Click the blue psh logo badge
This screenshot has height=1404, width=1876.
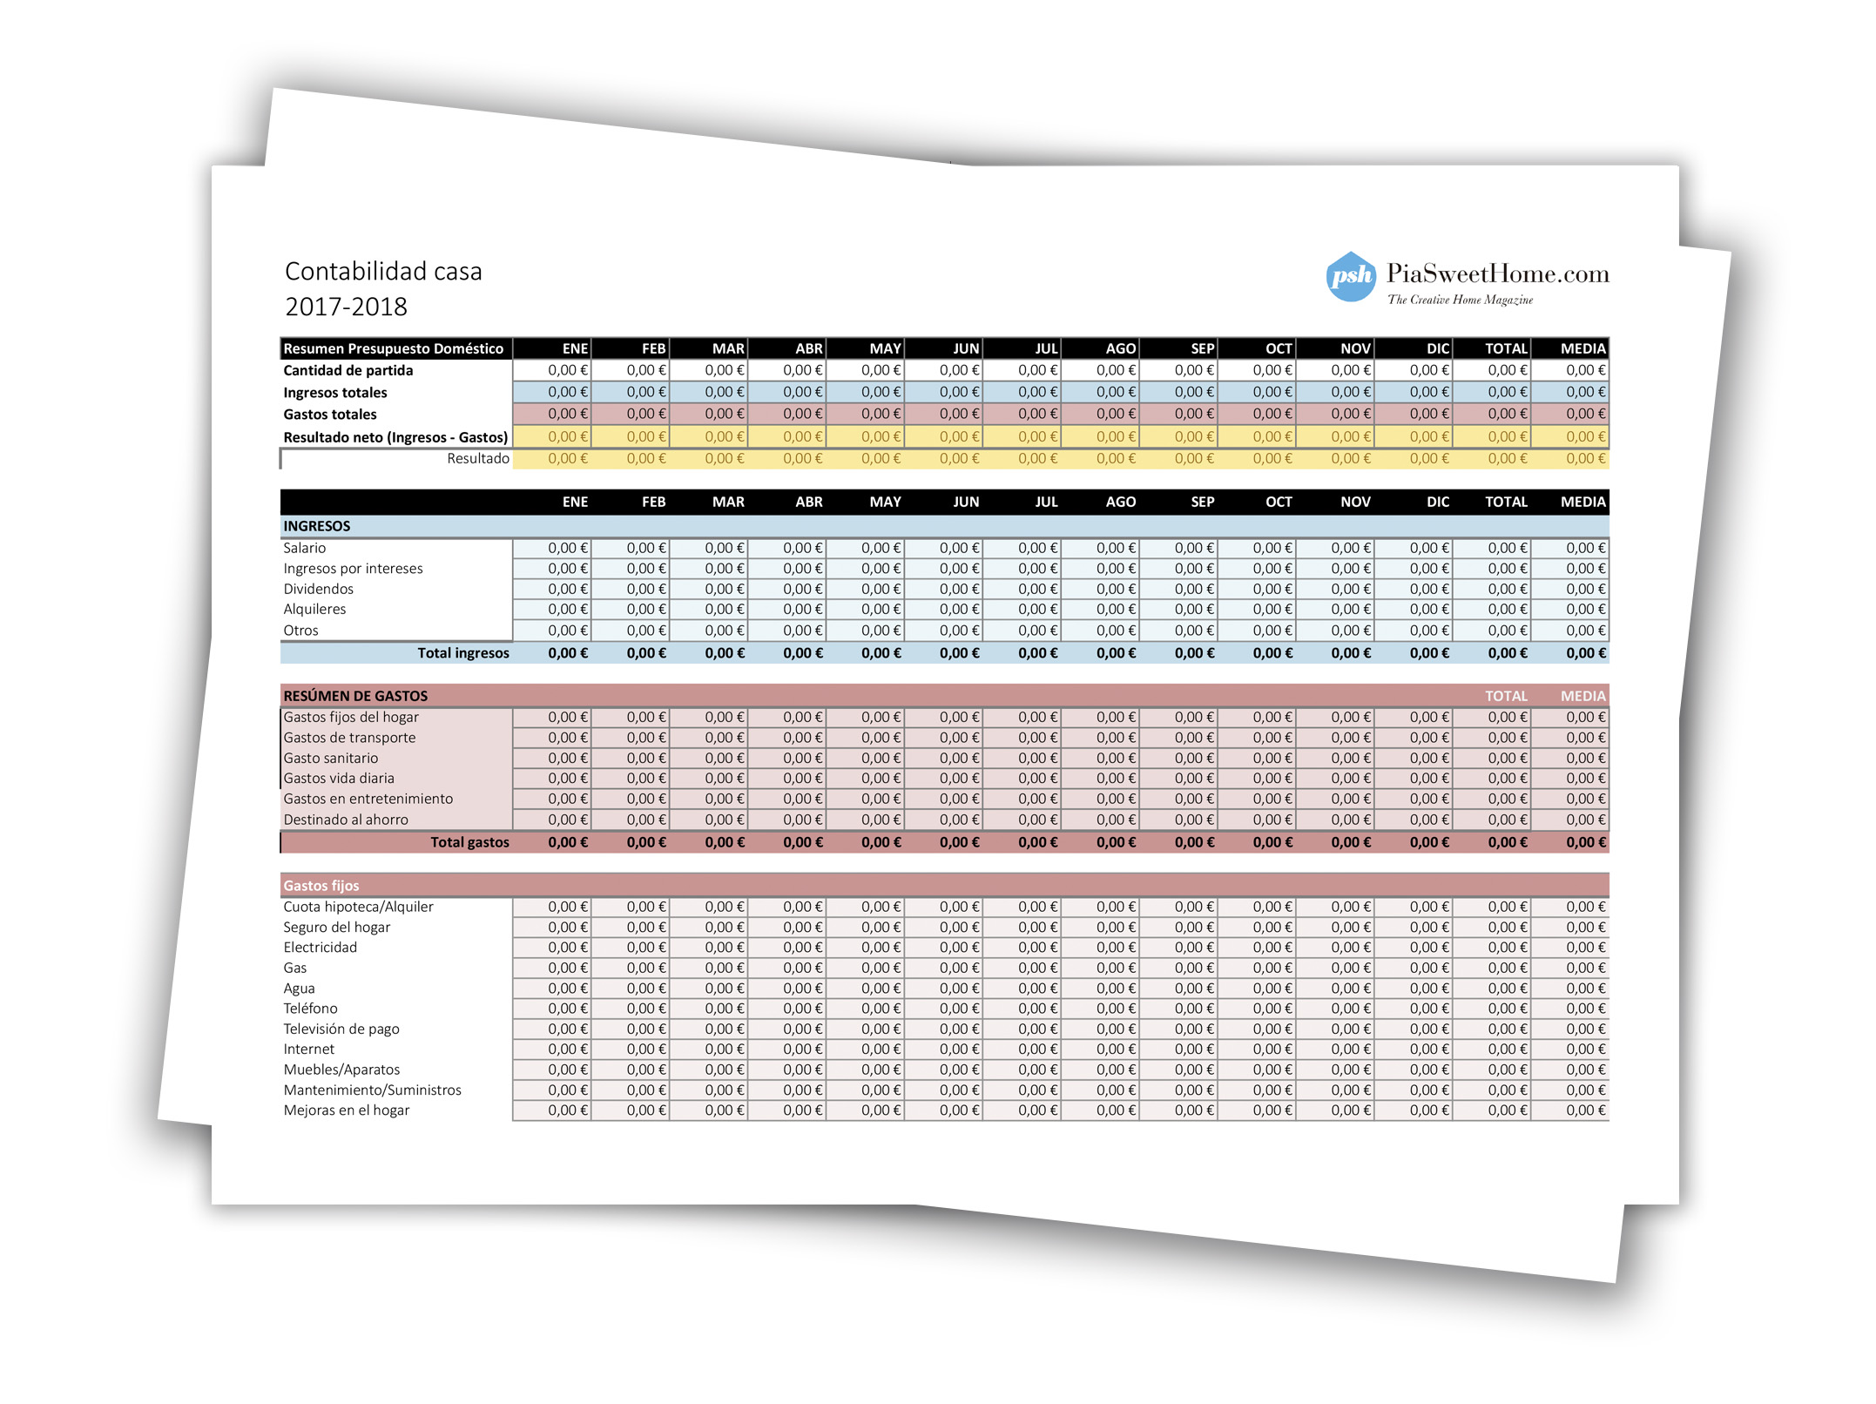coord(1350,276)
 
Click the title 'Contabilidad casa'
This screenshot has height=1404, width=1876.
coord(383,272)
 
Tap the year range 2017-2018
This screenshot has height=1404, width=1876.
coord(346,307)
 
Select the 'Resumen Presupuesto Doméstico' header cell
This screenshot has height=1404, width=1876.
coord(394,348)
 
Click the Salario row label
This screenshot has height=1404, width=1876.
coord(304,548)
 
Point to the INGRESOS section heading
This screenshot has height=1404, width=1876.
coord(317,526)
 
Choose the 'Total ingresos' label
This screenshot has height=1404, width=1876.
coord(462,653)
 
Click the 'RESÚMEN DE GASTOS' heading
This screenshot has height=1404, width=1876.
coord(355,696)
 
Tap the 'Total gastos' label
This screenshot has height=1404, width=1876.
coord(469,842)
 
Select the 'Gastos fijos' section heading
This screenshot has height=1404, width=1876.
coord(321,886)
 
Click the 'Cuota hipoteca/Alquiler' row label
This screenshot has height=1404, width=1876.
coord(358,907)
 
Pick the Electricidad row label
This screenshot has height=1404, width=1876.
coord(320,948)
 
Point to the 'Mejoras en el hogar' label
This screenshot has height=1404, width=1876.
coord(346,1110)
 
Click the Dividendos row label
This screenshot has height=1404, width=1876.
coord(318,589)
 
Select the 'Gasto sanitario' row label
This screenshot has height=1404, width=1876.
coord(330,759)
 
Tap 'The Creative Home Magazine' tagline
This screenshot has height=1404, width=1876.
coord(1460,300)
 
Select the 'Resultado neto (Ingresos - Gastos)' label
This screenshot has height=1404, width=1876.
coord(395,437)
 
